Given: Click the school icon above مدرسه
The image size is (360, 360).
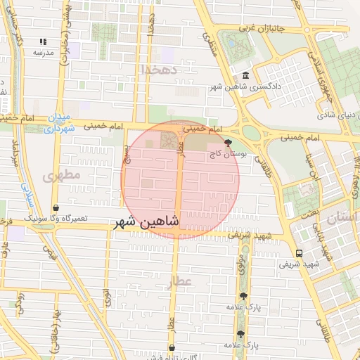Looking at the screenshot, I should [44, 41].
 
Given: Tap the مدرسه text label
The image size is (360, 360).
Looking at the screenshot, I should [44, 53].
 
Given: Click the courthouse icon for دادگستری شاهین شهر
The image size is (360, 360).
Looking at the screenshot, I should [245, 76].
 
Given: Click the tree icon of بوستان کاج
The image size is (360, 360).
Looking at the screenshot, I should [226, 141].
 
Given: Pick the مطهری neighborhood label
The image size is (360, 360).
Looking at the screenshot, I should [62, 174].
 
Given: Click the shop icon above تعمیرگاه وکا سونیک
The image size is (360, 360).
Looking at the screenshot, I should [56, 208].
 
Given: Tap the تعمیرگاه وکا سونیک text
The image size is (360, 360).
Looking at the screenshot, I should [56, 219].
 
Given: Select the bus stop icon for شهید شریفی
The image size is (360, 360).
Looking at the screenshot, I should [300, 253].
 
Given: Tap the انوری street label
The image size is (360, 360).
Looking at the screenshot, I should [107, 297].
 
